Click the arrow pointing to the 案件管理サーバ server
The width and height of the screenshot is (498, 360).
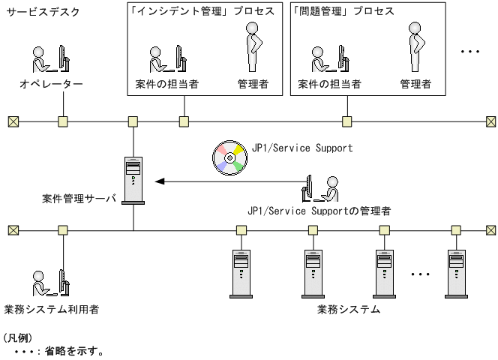pyautogui.click(x=225, y=181)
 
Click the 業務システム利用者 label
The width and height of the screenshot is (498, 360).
pyautogui.click(x=51, y=308)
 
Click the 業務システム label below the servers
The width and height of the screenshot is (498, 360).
pyautogui.click(x=348, y=308)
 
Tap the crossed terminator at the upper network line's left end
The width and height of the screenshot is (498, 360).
pyautogui.click(x=12, y=121)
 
